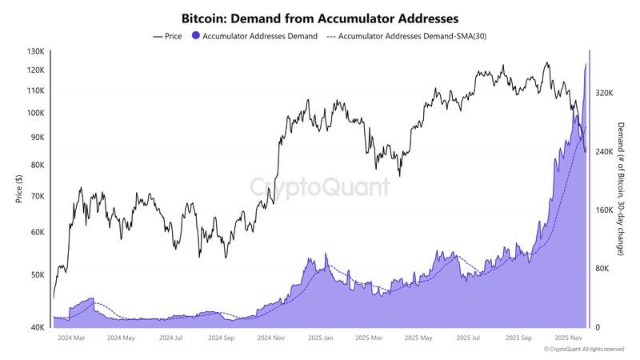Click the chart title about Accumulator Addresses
320,17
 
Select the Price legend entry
167,36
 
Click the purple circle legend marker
195,36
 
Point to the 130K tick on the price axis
36,51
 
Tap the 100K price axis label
36,113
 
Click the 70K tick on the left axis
38,196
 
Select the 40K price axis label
38,327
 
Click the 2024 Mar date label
71,338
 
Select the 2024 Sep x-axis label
219,338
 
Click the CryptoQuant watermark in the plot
320,187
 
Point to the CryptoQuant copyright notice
584,350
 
